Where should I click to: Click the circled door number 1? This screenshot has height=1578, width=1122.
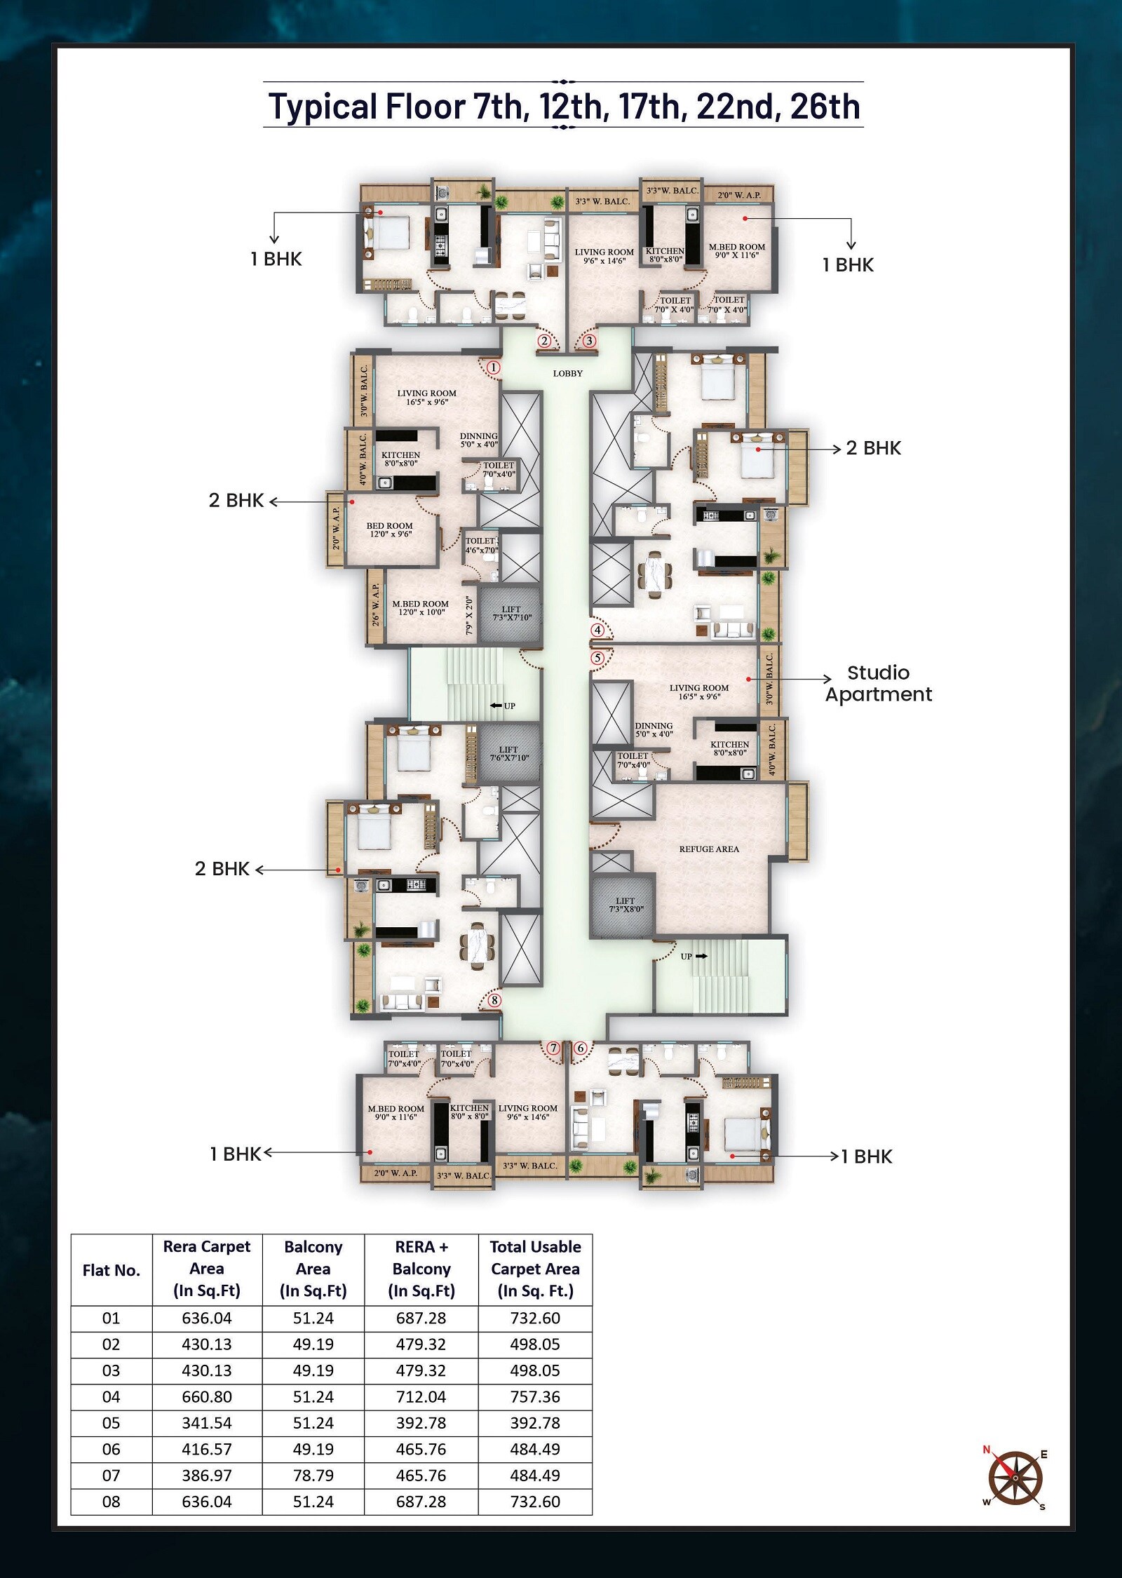point(494,367)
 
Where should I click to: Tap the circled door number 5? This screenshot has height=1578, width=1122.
point(597,658)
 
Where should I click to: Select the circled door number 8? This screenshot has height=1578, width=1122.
point(495,1000)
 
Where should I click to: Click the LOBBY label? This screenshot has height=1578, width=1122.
point(568,374)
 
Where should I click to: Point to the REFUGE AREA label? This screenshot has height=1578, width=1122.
point(709,849)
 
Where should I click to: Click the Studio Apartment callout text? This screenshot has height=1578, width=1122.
point(879,684)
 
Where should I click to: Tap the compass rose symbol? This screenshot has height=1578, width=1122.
point(1015,1478)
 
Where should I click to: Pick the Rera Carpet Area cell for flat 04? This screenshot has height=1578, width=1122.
point(207,1397)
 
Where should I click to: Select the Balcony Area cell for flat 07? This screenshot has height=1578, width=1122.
point(313,1476)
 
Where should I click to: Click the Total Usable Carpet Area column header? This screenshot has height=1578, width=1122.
point(536,1269)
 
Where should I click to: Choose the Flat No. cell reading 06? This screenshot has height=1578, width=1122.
point(111,1450)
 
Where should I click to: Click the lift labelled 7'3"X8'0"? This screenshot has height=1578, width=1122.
point(626,905)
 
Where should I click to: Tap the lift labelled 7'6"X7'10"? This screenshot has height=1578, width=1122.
point(510,754)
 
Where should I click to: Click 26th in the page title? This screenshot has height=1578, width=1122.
point(825,107)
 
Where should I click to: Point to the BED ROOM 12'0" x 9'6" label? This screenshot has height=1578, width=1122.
point(390,530)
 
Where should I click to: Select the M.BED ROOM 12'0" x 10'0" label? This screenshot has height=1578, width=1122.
point(420,608)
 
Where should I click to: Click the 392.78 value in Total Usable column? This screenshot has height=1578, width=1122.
point(536,1423)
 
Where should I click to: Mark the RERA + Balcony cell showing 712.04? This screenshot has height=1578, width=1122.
point(421,1397)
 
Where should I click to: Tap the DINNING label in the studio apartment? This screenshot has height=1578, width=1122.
point(654,726)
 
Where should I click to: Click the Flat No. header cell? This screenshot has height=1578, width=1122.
point(111,1270)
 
